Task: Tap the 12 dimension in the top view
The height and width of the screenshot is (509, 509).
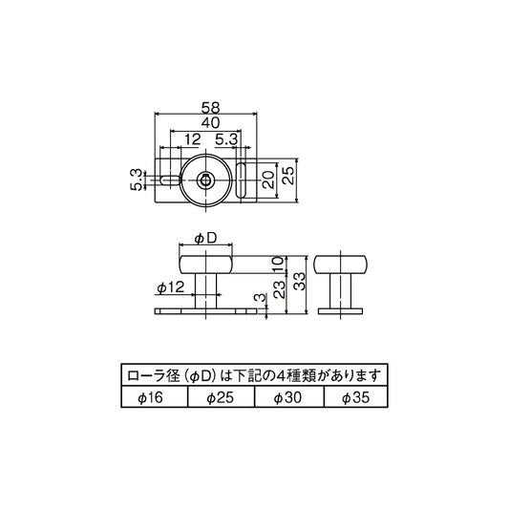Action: click(x=179, y=140)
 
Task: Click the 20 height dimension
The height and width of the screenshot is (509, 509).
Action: click(x=270, y=179)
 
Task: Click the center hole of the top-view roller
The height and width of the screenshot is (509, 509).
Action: click(x=205, y=180)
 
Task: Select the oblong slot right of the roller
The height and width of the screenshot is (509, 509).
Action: click(x=243, y=180)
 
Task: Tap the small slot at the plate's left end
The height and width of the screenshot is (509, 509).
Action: click(x=169, y=180)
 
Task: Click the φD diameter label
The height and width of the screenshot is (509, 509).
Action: click(x=205, y=236)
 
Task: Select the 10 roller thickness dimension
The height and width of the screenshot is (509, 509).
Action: click(x=277, y=263)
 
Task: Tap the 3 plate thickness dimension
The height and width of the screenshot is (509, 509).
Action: click(x=257, y=300)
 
